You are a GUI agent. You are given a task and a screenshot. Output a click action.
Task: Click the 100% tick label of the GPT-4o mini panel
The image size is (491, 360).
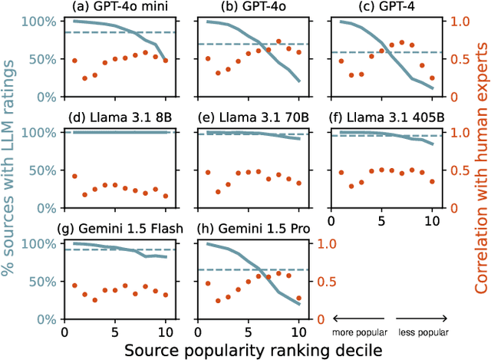point(43,21)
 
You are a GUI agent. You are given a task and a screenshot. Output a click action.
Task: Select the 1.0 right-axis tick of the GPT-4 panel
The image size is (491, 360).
point(459,21)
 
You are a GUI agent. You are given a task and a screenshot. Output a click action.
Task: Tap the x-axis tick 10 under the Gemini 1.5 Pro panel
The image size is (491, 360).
point(298,333)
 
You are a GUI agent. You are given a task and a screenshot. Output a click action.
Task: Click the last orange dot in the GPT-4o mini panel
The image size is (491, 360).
point(166,61)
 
